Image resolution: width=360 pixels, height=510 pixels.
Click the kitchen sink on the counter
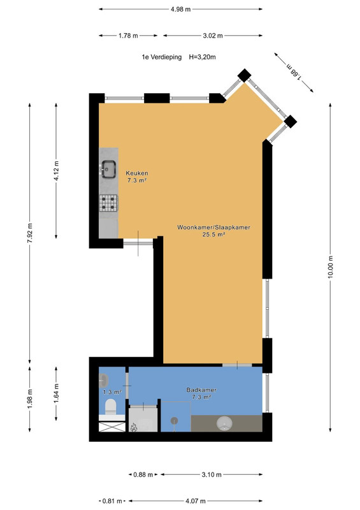point(108,170)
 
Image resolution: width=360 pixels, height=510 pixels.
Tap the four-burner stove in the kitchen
point(108,203)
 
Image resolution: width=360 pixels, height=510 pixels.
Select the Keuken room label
point(137,173)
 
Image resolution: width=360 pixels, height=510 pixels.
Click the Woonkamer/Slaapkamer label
point(213,228)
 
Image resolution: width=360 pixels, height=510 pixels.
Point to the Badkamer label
point(201,390)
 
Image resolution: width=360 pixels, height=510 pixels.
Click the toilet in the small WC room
point(111,407)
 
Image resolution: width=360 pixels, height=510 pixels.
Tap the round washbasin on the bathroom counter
point(224,423)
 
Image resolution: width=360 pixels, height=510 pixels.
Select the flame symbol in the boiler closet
point(133,427)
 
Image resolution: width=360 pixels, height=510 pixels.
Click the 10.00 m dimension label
point(331,267)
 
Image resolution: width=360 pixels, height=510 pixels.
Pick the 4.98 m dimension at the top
point(180,9)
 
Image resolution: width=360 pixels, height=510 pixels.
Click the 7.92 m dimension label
point(30,233)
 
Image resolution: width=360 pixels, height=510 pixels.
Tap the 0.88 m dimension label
point(143,474)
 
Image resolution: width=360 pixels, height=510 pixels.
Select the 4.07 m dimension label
point(195,501)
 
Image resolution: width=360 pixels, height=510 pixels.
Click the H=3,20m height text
point(202,57)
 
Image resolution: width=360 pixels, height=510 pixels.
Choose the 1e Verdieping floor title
point(162,57)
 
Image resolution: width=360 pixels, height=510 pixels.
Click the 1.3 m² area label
point(112,392)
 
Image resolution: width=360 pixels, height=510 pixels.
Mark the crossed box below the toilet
point(112,426)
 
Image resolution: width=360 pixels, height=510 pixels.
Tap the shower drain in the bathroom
point(175,421)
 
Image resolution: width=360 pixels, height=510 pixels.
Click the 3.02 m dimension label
point(213,36)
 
